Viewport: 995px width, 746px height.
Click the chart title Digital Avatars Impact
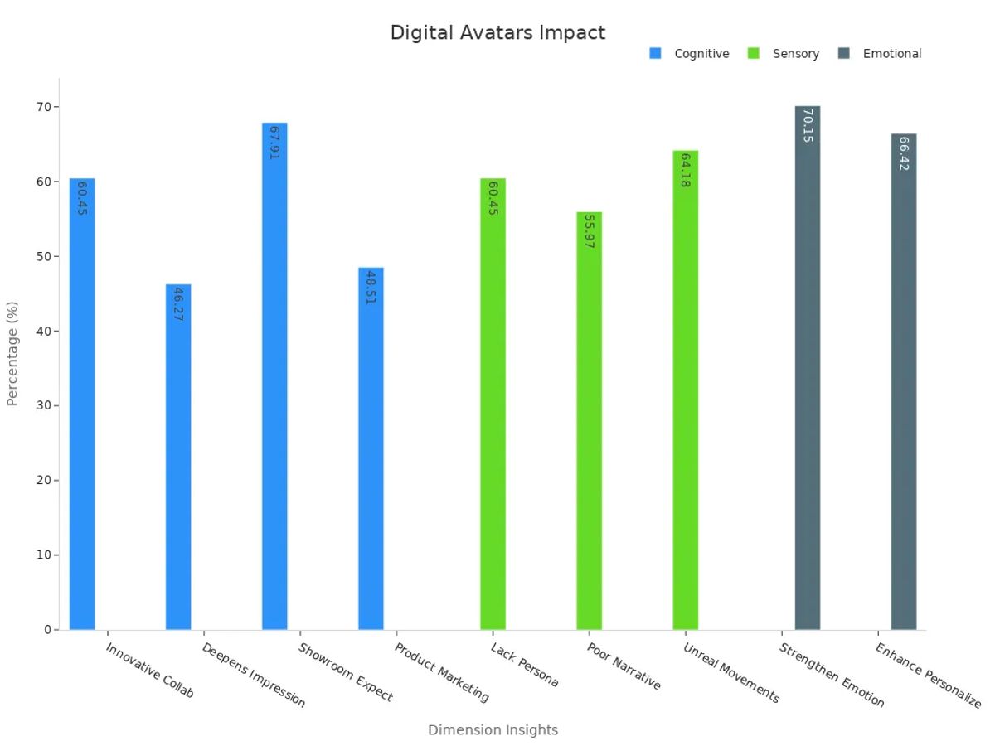pos(498,33)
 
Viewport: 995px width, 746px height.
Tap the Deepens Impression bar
pos(178,457)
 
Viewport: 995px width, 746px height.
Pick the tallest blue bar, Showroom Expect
pos(274,376)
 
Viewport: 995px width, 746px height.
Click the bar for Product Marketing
pos(371,448)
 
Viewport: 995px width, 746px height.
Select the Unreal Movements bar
pos(685,390)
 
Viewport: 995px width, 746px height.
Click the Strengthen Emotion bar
pos(807,368)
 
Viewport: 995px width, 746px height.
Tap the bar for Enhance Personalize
pos(904,381)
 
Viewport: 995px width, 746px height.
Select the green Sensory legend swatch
pos(754,54)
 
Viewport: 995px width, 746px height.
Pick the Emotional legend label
pos(892,54)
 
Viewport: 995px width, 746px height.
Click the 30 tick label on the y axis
pos(41,405)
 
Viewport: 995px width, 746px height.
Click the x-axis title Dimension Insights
pos(493,730)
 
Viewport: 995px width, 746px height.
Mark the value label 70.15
pos(807,125)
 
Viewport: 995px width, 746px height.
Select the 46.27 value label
pos(178,304)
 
